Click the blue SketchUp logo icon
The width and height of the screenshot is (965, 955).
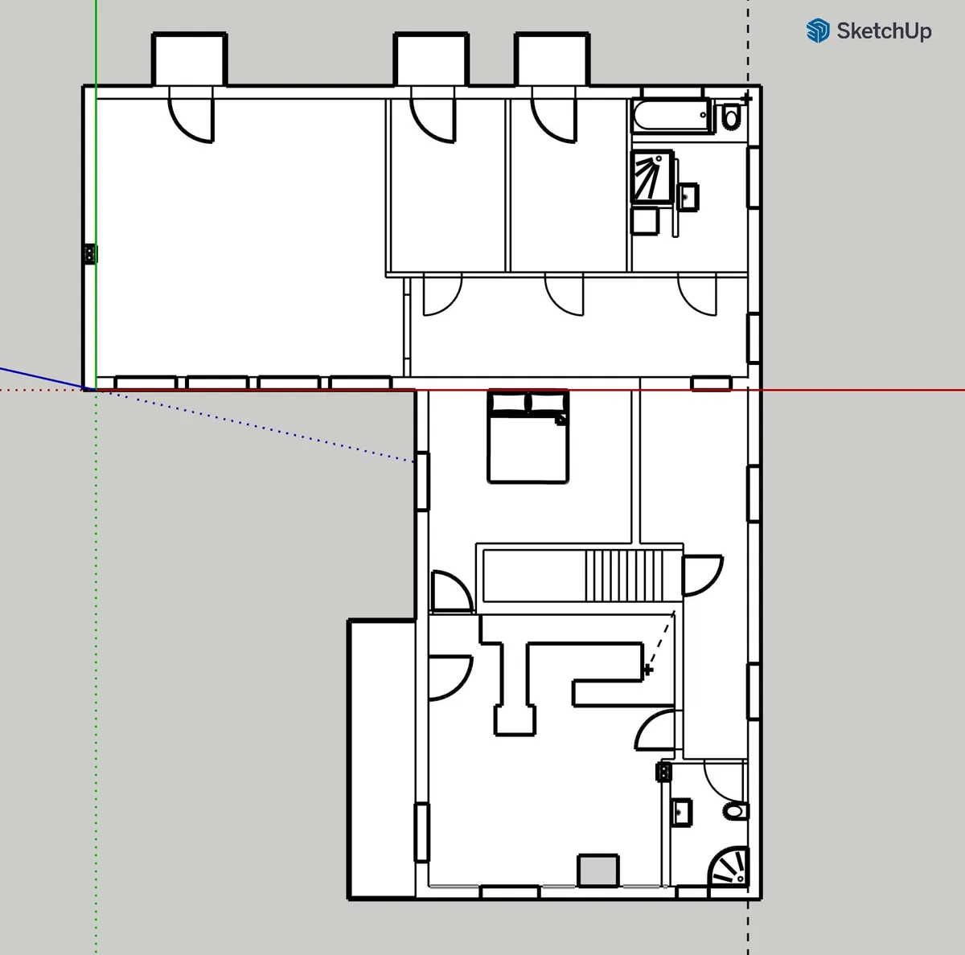818,31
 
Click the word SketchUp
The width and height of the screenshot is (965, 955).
884,31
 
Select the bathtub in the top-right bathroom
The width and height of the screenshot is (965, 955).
671,115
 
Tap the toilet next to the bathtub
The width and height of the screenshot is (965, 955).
731,117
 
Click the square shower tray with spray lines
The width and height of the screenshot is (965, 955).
653,177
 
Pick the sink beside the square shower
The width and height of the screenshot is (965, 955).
688,197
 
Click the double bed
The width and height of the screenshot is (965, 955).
528,437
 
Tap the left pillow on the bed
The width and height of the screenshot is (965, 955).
508,402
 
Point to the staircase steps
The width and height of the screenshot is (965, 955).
624,576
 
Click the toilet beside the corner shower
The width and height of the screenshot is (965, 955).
736,810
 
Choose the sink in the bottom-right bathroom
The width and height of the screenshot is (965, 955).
681,812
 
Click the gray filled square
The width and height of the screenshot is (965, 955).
598,871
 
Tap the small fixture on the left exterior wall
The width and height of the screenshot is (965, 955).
90,254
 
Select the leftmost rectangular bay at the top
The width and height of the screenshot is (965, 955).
189,59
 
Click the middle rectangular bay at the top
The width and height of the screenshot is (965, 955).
431,59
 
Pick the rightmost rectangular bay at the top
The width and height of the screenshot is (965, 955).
552,59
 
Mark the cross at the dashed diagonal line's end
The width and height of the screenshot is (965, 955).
648,669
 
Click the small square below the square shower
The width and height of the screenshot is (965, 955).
645,221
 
